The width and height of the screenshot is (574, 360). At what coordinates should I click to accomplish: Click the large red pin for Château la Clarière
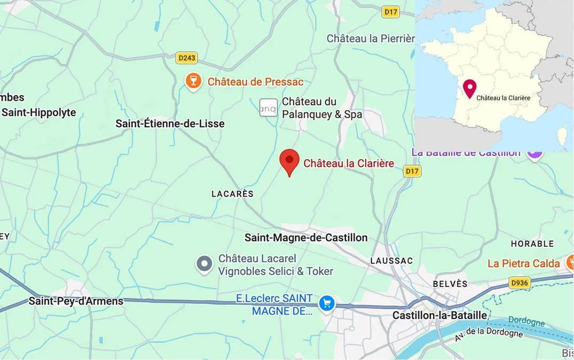[x=289, y=161]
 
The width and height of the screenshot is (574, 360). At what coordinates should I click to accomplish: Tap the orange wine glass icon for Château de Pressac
[x=193, y=82]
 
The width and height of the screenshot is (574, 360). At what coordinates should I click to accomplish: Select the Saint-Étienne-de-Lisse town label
[x=170, y=124]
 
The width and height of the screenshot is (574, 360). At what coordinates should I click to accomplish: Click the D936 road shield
[x=519, y=283]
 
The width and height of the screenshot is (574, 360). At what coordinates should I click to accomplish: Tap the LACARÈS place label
[x=232, y=194]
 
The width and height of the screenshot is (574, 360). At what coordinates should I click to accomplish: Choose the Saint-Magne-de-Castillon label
[x=306, y=238]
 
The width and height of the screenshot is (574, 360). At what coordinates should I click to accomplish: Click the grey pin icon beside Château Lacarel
[x=204, y=264]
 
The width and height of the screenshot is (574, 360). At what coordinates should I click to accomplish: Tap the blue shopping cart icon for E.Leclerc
[x=326, y=303]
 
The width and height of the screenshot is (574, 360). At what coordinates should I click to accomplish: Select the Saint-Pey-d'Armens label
[x=76, y=301]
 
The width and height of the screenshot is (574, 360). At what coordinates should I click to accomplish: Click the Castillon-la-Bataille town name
[x=439, y=316]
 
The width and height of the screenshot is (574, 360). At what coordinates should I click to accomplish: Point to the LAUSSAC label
[x=391, y=261]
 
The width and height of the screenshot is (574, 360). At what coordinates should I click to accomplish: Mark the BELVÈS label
[x=450, y=284]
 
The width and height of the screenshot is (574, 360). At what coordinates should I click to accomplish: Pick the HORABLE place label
[x=532, y=244]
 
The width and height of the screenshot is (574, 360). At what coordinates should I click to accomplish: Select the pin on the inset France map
[x=469, y=88]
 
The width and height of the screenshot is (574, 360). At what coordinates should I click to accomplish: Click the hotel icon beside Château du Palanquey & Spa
[x=268, y=108]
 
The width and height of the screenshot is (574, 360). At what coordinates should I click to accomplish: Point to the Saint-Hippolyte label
[x=38, y=113]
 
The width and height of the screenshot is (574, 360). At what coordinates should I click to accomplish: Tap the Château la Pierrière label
[x=371, y=38]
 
